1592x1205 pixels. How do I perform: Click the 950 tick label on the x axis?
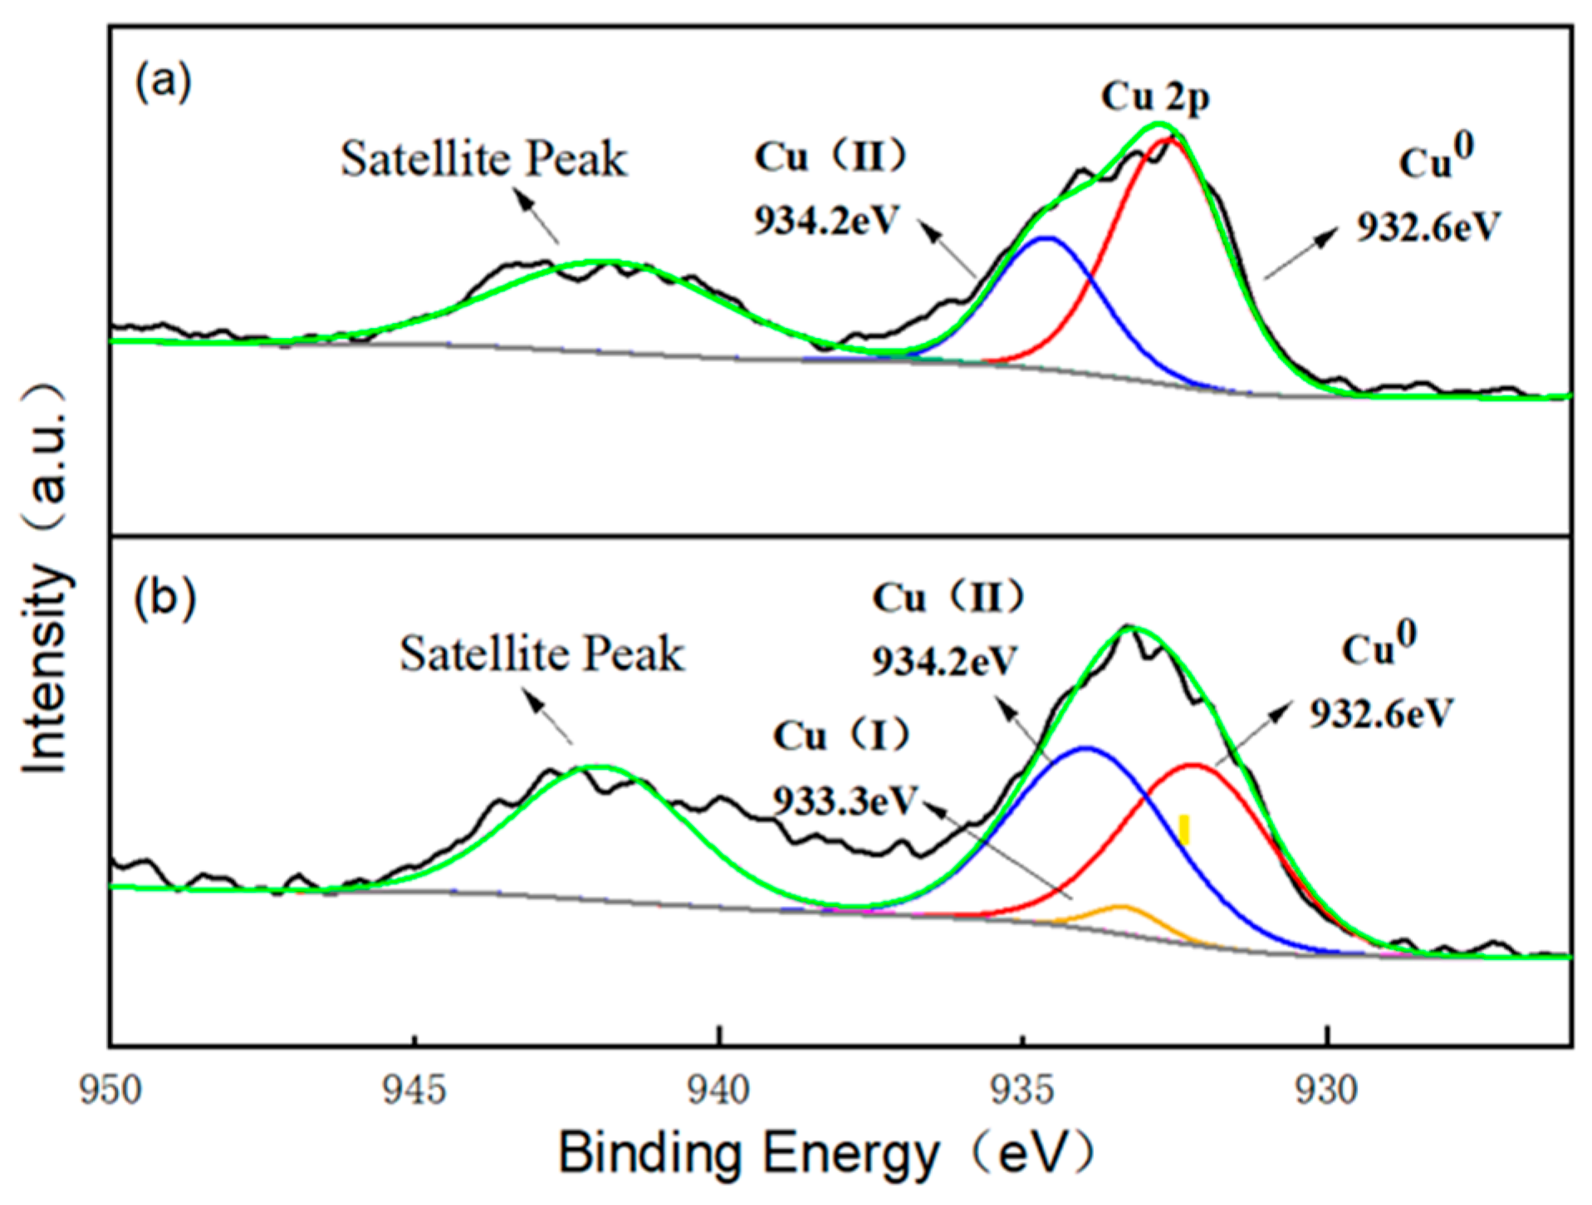coord(110,1090)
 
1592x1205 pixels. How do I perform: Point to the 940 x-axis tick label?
coord(718,1090)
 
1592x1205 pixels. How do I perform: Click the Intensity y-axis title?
coord(46,581)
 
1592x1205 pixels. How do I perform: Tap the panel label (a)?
coord(164,81)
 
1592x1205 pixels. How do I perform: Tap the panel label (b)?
coord(164,597)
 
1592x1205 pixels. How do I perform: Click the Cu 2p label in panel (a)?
coord(1155,97)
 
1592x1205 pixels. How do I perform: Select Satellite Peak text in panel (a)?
coord(483,159)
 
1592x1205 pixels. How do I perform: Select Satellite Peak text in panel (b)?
coord(541,654)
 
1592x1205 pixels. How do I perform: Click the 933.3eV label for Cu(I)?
coord(844,801)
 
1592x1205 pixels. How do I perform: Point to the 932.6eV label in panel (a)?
coord(1428,226)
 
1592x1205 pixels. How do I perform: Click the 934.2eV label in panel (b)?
coord(944,662)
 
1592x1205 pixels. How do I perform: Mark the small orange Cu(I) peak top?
coord(1121,906)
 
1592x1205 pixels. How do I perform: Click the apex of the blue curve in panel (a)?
coord(1048,238)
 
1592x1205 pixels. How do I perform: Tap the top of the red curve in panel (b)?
coord(1193,765)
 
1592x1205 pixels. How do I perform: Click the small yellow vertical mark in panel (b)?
coord(1184,829)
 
